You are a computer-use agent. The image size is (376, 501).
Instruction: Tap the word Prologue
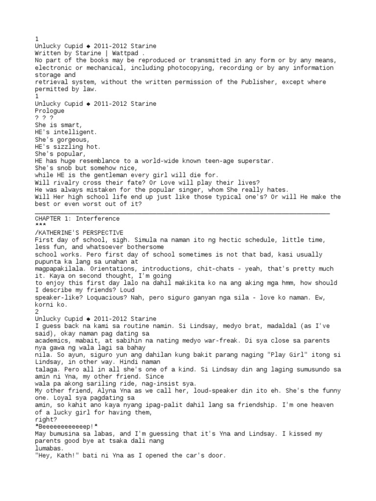(49, 111)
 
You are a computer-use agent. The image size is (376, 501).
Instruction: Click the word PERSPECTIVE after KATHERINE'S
(101, 233)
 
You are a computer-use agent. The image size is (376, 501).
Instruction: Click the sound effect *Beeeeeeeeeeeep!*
(67, 427)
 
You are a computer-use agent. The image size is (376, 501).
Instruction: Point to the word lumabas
(47, 448)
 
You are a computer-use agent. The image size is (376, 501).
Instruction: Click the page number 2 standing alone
(37, 312)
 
